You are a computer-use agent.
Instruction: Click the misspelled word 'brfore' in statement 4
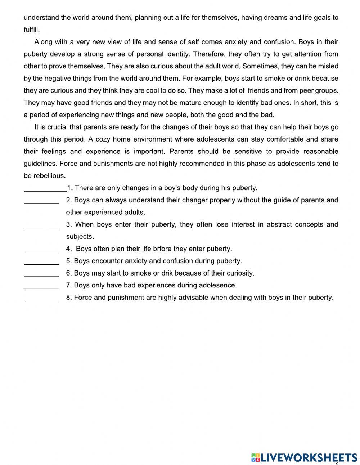pyautogui.click(x=162, y=249)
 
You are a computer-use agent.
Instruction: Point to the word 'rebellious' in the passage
pyautogui.click(x=50, y=176)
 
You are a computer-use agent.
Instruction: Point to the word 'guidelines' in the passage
pyautogui.click(x=40, y=164)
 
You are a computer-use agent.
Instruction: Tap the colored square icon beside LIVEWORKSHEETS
pyautogui.click(x=255, y=457)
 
